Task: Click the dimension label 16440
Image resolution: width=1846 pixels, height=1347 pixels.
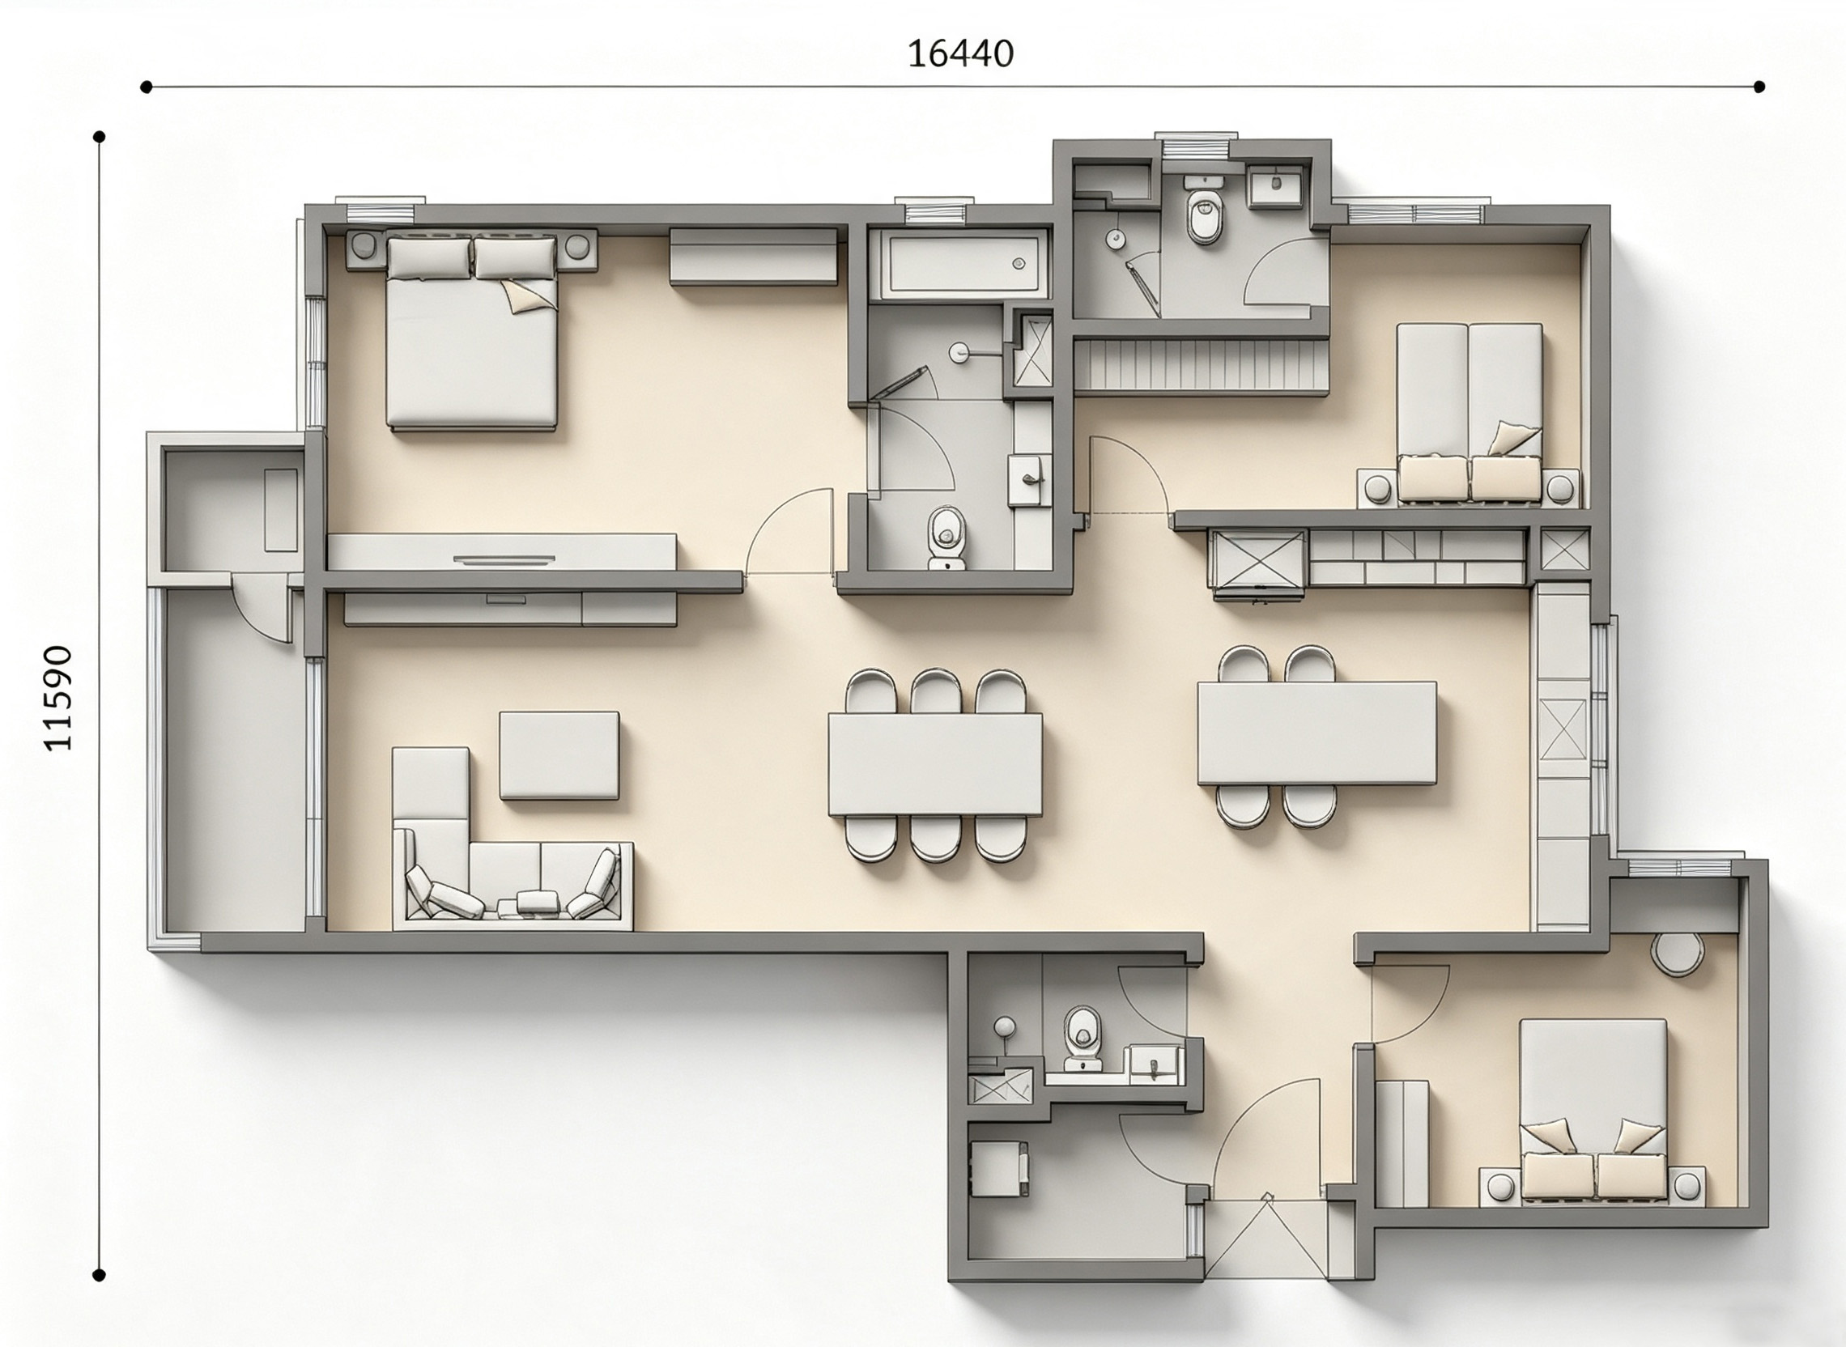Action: (960, 53)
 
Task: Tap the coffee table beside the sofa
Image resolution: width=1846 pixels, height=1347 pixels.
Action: (559, 755)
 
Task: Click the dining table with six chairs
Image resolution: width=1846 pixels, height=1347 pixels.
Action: (935, 764)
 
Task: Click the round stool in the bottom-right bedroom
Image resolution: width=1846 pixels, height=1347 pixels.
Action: (1678, 952)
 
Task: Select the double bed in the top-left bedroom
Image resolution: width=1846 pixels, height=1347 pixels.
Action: (472, 331)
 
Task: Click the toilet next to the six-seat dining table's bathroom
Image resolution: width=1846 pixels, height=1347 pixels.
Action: (946, 538)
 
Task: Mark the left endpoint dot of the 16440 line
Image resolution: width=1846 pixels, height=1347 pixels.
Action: (146, 87)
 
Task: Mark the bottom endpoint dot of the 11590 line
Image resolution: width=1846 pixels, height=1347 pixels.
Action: (100, 1274)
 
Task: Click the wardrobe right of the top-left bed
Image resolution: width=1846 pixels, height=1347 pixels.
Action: (754, 256)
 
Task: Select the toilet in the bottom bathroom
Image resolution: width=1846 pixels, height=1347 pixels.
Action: (1083, 1038)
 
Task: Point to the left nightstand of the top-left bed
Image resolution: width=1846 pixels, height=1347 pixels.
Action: (364, 248)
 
